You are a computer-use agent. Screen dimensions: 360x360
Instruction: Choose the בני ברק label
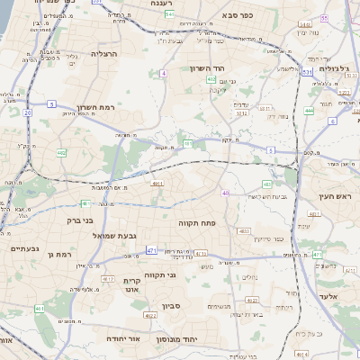click(61, 219)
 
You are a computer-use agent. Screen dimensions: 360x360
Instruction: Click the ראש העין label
click(337, 195)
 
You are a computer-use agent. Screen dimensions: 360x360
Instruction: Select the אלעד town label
click(332, 295)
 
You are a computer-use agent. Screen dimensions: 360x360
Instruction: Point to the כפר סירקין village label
click(268, 238)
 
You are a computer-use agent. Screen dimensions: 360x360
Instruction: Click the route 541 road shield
click(171, 15)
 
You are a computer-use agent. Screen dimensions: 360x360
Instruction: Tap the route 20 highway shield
click(28, 112)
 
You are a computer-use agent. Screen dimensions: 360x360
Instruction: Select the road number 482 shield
click(61, 153)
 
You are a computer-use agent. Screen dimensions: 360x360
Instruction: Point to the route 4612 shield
click(107, 279)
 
